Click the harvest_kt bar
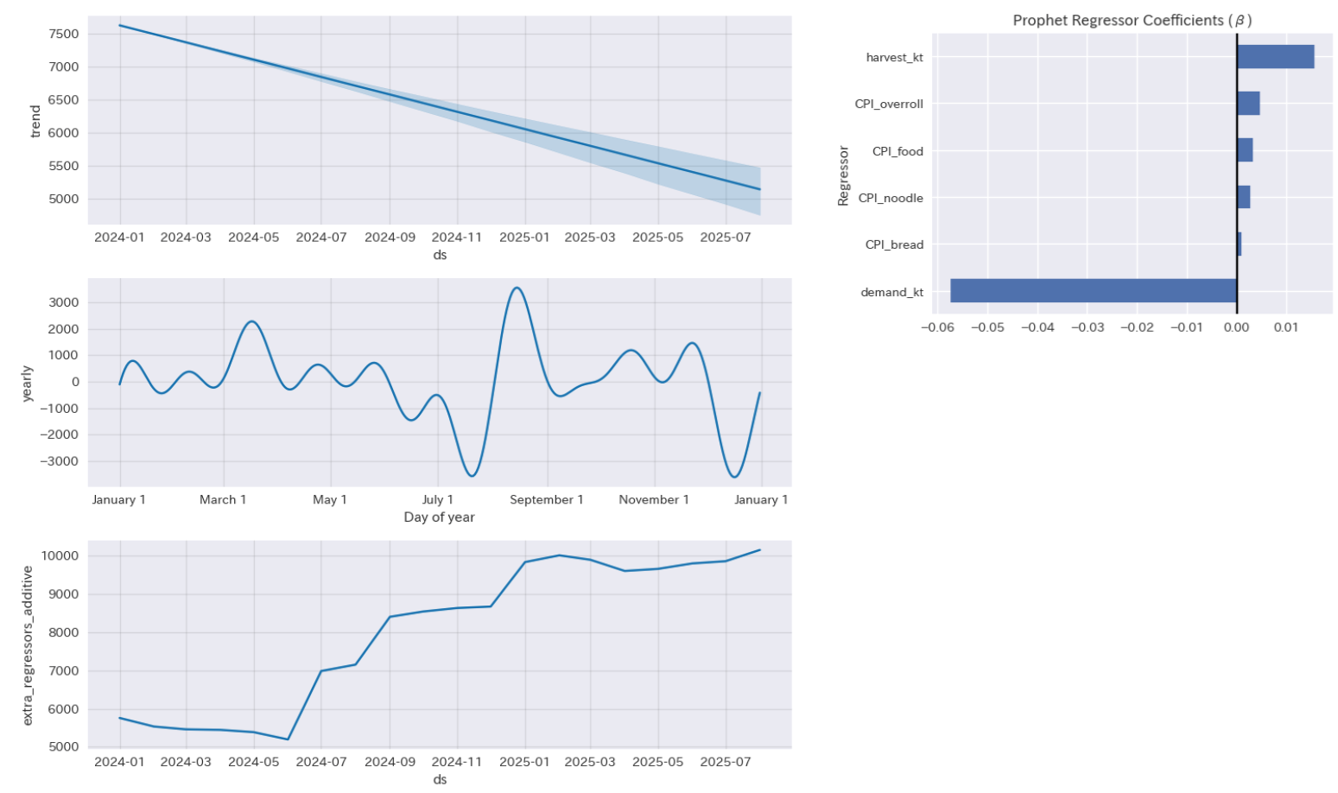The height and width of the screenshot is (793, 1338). pyautogui.click(x=1275, y=57)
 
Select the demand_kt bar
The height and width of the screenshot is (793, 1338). pyautogui.click(x=1093, y=291)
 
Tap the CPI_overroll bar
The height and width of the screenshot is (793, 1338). pyautogui.click(x=1248, y=104)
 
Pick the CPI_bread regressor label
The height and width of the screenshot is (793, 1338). pyautogui.click(x=894, y=245)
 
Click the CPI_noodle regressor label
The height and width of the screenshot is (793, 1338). pyautogui.click(x=891, y=199)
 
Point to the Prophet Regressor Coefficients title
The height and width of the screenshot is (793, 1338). pyautogui.click(x=1132, y=20)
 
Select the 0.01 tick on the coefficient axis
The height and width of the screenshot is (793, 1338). pyautogui.click(x=1286, y=328)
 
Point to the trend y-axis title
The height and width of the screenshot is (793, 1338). pyautogui.click(x=35, y=121)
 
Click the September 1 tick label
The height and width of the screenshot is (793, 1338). pyautogui.click(x=546, y=500)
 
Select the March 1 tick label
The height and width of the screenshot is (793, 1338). pyautogui.click(x=223, y=500)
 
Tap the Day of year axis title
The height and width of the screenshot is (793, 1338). pyautogui.click(x=439, y=517)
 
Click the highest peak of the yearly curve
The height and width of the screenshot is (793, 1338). pyautogui.click(x=517, y=288)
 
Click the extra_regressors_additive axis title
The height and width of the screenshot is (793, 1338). pyautogui.click(x=27, y=645)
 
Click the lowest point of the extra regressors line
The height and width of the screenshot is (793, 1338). pyautogui.click(x=288, y=739)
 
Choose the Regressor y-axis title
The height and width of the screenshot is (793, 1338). pyautogui.click(x=843, y=175)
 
